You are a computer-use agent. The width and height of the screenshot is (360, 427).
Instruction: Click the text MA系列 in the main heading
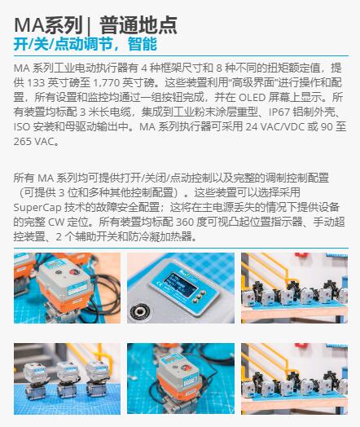click(48, 25)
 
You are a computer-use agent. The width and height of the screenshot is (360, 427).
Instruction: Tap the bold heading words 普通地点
click(138, 25)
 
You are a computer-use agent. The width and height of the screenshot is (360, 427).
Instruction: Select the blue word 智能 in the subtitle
click(143, 44)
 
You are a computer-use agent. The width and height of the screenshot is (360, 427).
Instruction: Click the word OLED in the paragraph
click(252, 98)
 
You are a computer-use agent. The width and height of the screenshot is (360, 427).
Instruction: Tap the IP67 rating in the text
click(279, 112)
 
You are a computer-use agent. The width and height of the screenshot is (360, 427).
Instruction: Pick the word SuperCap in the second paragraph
click(37, 208)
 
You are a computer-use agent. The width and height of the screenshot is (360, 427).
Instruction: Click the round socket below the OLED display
click(139, 310)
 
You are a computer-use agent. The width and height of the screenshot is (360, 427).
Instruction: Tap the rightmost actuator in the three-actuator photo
click(97, 377)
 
